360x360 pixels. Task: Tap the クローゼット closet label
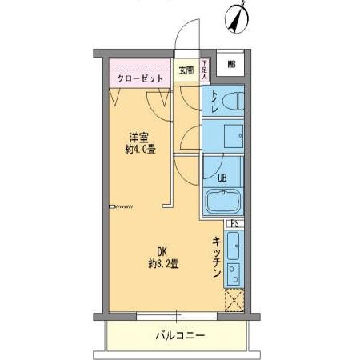point(140,79)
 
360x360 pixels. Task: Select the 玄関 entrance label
point(186,70)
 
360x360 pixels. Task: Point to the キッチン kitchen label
point(216,258)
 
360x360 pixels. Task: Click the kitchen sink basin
point(233,243)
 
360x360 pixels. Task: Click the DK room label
point(163,250)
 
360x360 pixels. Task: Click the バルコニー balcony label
point(179,336)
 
